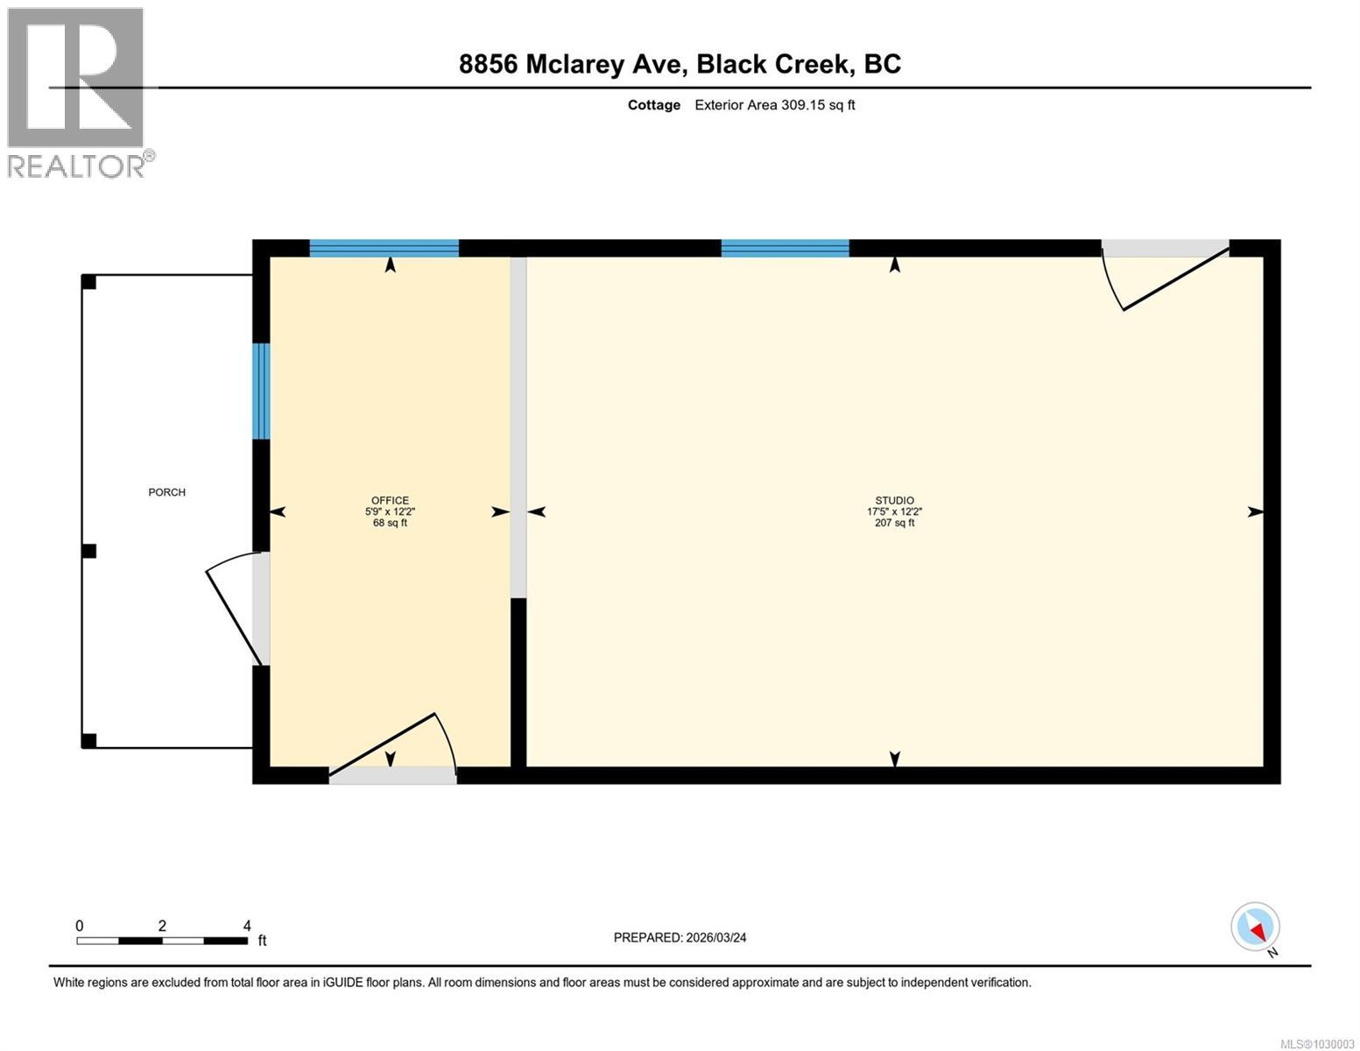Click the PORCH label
[x=166, y=492]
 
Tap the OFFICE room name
[x=390, y=500]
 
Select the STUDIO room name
[x=894, y=500]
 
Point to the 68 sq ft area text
[x=390, y=523]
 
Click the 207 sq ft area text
[x=894, y=523]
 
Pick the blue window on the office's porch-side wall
[x=261, y=391]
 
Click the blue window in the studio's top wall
[x=785, y=249]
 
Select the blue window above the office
[x=384, y=249]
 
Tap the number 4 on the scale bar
[x=247, y=925]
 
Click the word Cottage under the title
[x=654, y=105]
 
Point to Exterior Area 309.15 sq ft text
[x=775, y=105]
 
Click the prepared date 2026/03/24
[x=716, y=938]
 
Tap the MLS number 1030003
[x=1335, y=1044]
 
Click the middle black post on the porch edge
[x=88, y=551]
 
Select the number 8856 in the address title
[x=488, y=64]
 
